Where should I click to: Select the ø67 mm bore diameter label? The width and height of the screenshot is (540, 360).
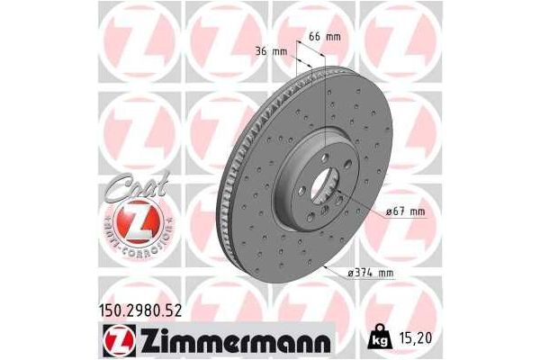click(x=404, y=211)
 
